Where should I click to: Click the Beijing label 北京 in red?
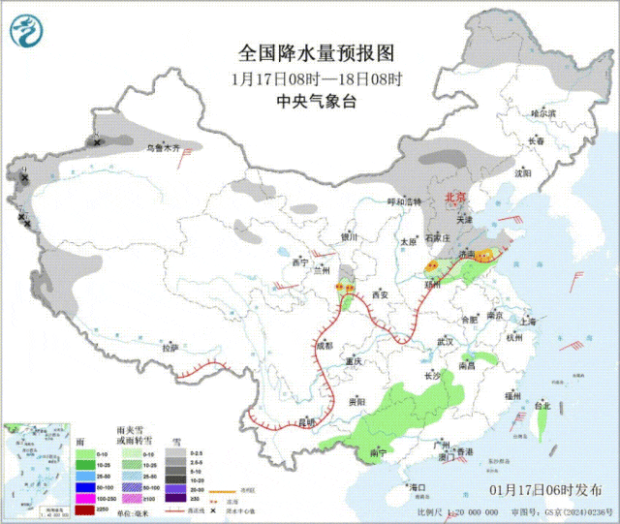click(454, 197)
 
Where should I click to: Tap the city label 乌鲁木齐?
click(163, 148)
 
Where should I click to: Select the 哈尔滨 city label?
click(544, 113)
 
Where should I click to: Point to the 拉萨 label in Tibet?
click(170, 347)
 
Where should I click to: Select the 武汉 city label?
click(446, 341)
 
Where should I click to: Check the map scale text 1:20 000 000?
click(465, 511)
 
